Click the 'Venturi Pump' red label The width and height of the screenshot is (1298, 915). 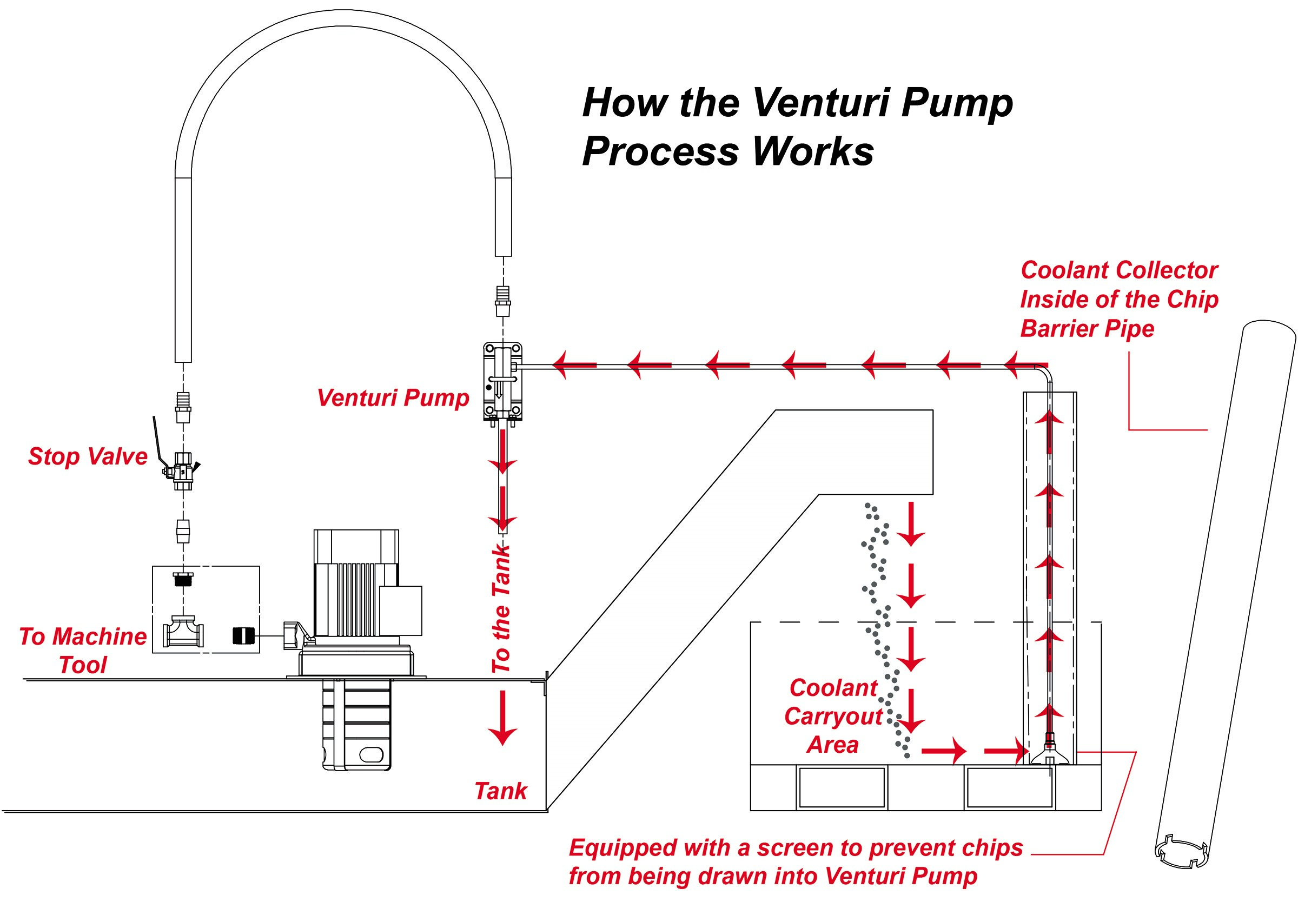393,398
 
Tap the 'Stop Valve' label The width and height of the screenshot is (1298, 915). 88,456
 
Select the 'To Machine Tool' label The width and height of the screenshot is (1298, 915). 83,651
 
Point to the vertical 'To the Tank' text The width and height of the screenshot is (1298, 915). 501,609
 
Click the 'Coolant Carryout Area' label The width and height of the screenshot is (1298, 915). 833,716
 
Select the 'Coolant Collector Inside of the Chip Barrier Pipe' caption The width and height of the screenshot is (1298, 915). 1119,300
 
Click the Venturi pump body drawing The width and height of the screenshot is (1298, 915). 502,381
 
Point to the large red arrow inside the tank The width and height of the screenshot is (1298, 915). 502,718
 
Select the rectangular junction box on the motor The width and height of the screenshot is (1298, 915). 400,611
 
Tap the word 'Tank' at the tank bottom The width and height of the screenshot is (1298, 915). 501,791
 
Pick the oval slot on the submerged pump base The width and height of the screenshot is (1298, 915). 372,754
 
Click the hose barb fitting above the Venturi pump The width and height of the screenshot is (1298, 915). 503,301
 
